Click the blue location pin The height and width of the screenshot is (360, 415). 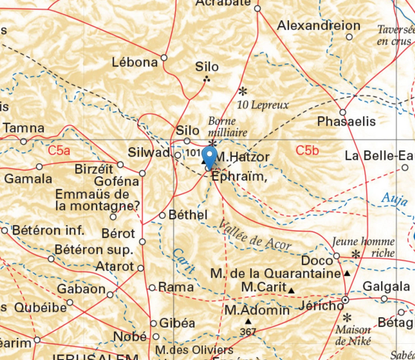(209, 157)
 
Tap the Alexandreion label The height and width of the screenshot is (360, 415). (318, 26)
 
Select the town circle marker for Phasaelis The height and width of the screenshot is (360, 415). (342, 112)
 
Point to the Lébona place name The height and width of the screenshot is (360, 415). (135, 62)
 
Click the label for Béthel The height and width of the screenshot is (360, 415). (188, 215)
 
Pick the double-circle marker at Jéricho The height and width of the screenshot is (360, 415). (345, 299)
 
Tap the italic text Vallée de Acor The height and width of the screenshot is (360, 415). (256, 235)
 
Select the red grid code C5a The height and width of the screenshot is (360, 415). (59, 151)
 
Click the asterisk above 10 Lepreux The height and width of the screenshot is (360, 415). (243, 92)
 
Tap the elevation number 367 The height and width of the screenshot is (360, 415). (248, 332)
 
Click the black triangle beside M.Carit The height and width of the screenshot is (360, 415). (291, 291)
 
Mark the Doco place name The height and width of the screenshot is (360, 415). (313, 261)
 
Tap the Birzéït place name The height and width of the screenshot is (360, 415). (94, 170)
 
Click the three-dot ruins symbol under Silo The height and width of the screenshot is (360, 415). (207, 79)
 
